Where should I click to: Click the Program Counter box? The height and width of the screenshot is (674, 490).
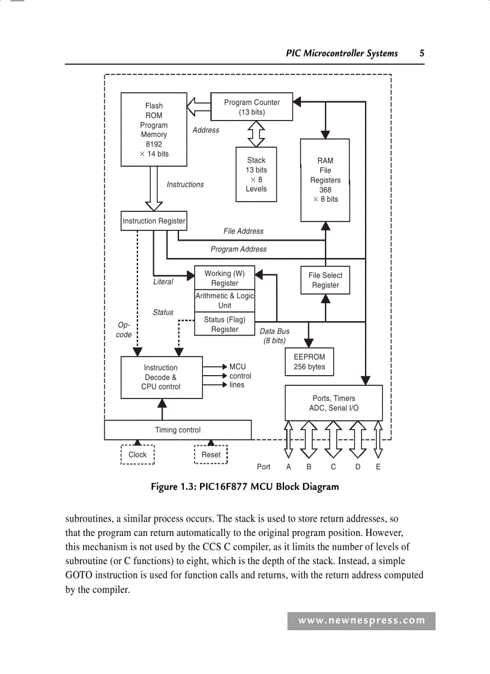[252, 107]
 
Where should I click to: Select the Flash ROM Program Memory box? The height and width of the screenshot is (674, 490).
[154, 129]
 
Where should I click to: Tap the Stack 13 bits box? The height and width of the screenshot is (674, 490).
[256, 174]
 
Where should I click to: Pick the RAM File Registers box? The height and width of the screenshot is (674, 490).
[325, 179]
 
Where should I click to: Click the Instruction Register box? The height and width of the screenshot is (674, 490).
[154, 221]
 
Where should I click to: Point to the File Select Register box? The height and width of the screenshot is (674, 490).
[325, 280]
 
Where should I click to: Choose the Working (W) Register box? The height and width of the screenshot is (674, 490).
[225, 278]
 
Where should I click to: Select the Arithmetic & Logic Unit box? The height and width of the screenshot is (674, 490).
[225, 300]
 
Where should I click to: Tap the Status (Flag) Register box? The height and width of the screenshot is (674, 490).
[225, 324]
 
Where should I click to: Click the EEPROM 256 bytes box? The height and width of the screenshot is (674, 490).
[309, 362]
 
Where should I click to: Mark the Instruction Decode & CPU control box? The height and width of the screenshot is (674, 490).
[160, 377]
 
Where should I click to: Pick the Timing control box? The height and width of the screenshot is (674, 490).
[178, 430]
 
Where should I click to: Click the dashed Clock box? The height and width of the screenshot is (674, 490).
[138, 454]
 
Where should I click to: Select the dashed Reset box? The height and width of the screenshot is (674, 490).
[211, 454]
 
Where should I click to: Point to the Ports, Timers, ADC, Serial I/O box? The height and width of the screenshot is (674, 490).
[333, 403]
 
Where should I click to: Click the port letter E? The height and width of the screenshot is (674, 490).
[378, 466]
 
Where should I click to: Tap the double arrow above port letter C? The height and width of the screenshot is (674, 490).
[333, 439]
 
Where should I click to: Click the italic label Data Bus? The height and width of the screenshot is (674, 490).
[274, 331]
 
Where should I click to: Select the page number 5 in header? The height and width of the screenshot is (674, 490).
[422, 53]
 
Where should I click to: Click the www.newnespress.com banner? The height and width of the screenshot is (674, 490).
[361, 621]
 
